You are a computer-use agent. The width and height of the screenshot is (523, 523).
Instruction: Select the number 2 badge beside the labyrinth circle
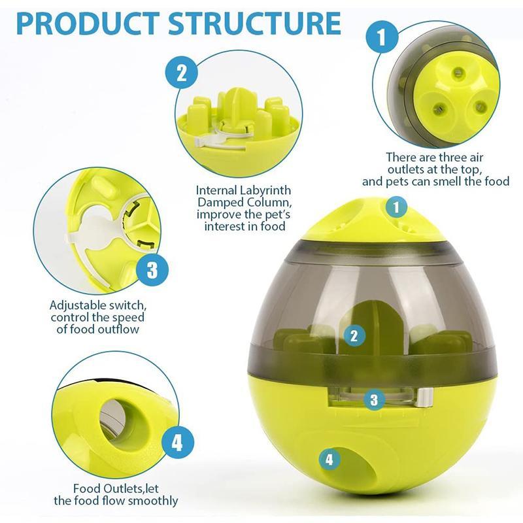tap(182, 71)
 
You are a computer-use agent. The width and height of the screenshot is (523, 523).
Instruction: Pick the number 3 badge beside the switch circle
tap(152, 269)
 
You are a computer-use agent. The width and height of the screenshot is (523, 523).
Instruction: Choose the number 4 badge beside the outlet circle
tap(175, 444)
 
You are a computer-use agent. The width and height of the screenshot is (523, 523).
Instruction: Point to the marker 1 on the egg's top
tap(396, 208)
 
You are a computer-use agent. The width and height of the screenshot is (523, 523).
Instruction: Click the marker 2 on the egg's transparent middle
tap(354, 336)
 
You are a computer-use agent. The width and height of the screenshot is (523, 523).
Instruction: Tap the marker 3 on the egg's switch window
tap(374, 399)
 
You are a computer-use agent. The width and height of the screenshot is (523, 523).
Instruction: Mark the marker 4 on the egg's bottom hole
tap(329, 460)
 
